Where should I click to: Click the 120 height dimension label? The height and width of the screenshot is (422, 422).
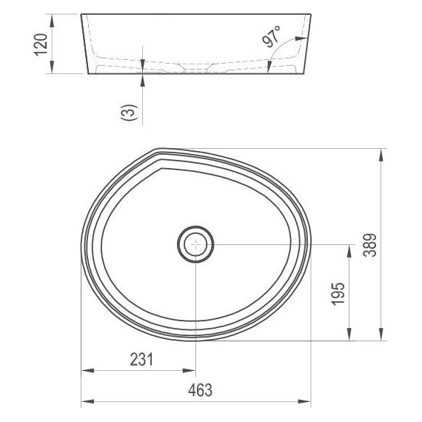(41, 44)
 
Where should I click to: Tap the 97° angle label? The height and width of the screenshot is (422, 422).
(271, 36)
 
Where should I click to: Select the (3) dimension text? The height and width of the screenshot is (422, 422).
(129, 113)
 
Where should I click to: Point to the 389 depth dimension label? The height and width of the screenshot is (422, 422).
(369, 245)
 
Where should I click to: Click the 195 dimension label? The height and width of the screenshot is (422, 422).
(338, 294)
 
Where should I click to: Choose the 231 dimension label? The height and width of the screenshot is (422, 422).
(141, 360)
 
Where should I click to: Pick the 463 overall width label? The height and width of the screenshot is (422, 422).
(200, 390)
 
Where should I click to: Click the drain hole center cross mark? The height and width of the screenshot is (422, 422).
(196, 244)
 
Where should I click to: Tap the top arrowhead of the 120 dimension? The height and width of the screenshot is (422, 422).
(52, 21)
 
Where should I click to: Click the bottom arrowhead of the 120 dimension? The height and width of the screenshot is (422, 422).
(52, 67)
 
